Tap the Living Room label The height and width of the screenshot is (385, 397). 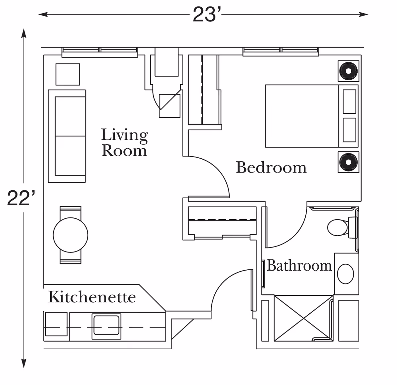coord(124,142)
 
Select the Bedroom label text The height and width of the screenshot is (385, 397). coord(271,168)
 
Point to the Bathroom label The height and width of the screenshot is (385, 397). coord(299,265)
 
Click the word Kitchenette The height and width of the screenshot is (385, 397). coord(92,297)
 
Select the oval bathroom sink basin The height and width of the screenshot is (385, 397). coord(345,274)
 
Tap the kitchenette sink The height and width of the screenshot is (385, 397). coord(106,326)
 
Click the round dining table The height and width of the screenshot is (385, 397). coord(70,235)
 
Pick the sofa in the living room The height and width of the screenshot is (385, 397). coord(67,136)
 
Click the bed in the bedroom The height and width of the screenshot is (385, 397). coord(302,116)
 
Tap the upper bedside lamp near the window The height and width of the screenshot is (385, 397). coord(348,71)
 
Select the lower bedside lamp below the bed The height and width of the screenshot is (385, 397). coord(348,162)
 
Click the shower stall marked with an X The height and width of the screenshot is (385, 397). coord(303,318)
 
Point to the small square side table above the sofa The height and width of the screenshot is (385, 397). coord(67,74)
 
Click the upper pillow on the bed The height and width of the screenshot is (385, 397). coord(349,101)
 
